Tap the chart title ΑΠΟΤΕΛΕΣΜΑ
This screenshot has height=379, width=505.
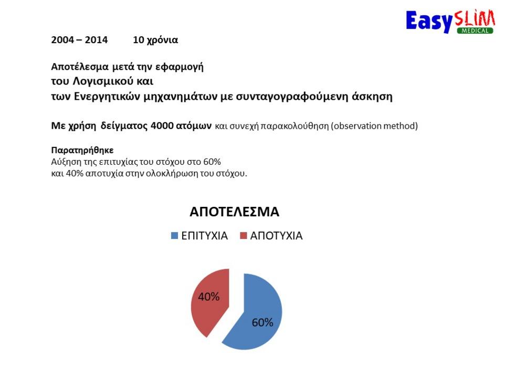click(234, 212)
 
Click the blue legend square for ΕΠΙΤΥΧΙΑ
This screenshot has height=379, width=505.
click(174, 236)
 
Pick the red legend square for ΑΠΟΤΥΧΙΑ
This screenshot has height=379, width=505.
click(244, 236)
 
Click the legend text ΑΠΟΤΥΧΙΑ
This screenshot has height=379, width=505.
click(276, 236)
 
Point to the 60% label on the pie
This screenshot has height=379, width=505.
click(262, 322)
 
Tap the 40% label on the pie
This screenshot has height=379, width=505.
click(209, 297)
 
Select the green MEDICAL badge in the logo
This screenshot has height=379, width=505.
click(475, 30)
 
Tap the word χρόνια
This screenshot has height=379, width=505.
click(162, 40)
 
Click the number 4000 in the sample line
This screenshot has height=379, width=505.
click(162, 125)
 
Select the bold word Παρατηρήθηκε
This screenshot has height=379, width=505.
click(82, 150)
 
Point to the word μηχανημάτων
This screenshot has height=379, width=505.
click(180, 97)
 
